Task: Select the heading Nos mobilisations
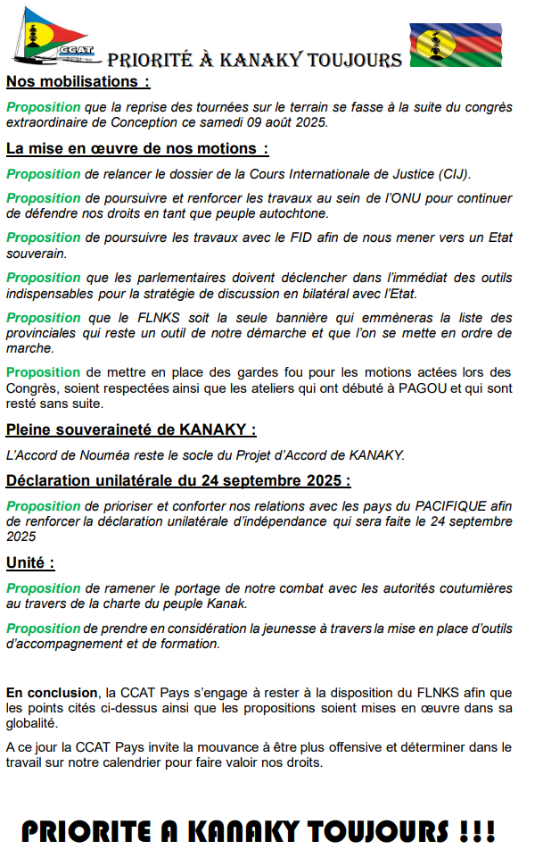(78, 83)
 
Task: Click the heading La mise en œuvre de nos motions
(137, 148)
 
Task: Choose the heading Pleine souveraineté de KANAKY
(131, 429)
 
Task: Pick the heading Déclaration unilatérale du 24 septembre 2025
(178, 480)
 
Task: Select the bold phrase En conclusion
(52, 692)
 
